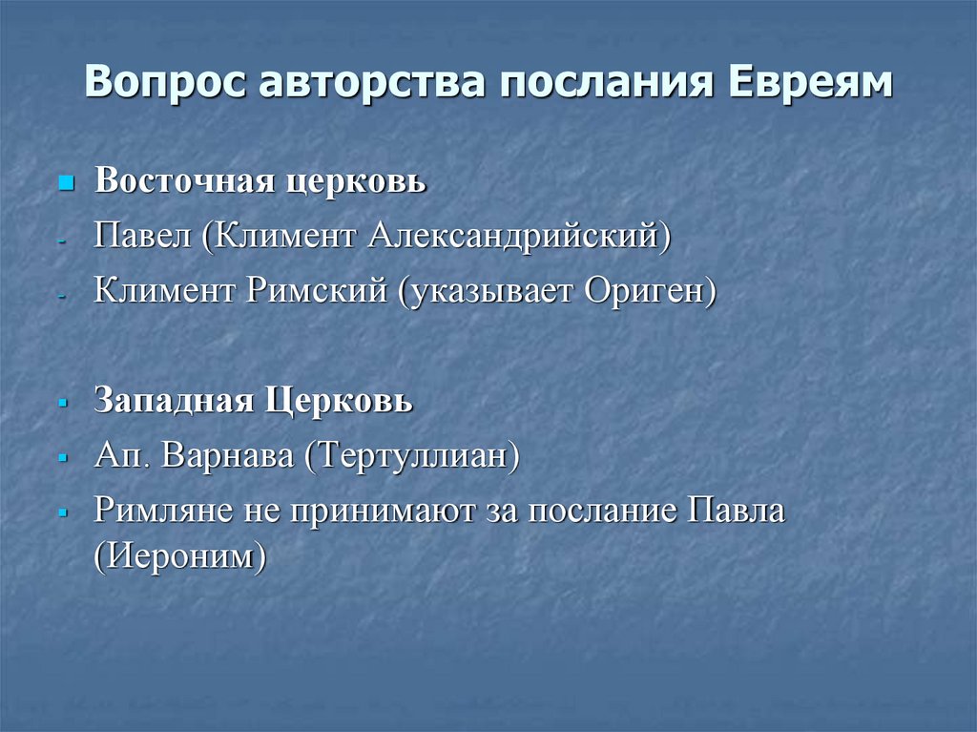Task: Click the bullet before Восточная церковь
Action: (66, 181)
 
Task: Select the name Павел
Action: (141, 236)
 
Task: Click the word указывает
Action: (487, 291)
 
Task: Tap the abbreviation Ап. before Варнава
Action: (122, 457)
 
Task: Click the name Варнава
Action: (228, 456)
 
